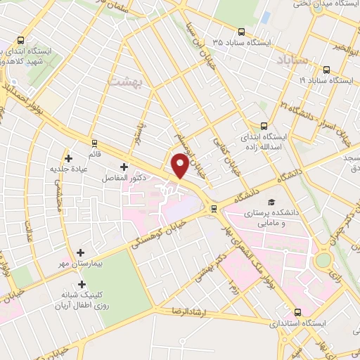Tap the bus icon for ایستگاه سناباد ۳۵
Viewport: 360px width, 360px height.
242,32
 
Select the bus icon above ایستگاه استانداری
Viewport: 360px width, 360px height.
297,311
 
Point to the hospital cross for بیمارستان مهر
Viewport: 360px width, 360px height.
81,252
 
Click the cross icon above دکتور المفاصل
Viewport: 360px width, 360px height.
124,167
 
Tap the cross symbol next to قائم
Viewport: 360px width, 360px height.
68,158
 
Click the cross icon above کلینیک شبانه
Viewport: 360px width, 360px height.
83,285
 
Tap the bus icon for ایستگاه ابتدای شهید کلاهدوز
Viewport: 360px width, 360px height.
21,40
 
